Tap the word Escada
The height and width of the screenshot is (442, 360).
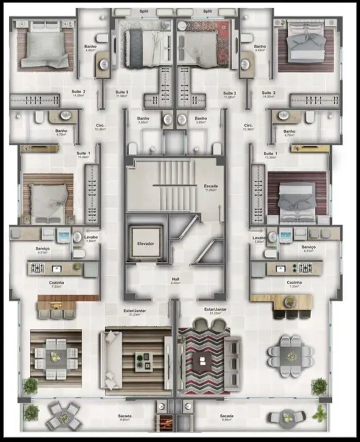pos(210,186)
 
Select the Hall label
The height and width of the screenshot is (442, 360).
pos(176,279)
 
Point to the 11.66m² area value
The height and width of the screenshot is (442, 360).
pos(210,190)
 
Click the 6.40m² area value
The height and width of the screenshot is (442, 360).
pos(176,284)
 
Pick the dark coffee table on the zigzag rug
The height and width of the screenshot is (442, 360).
pos(202,360)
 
